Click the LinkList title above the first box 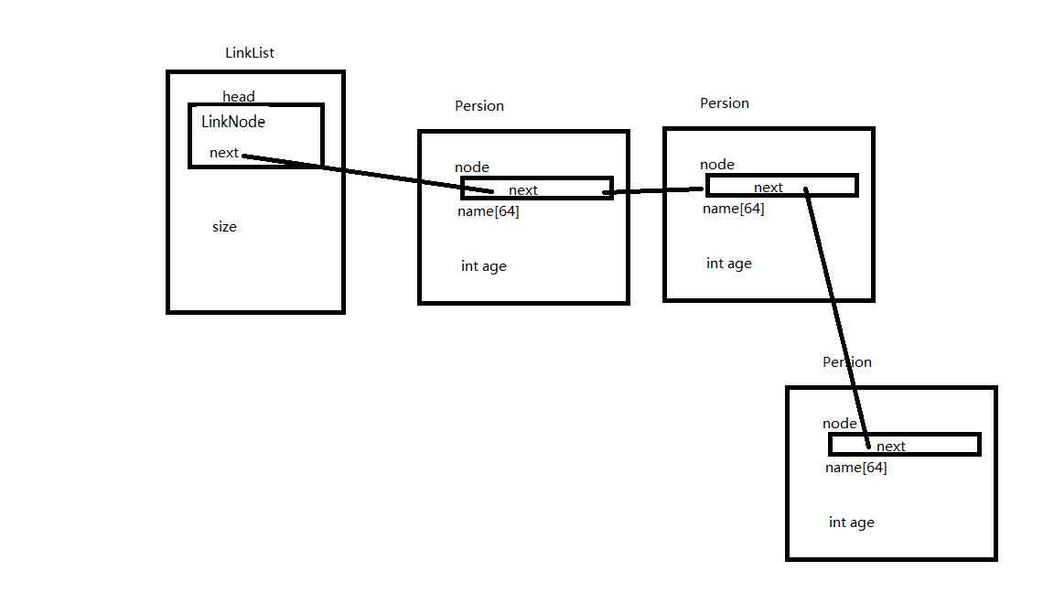(x=250, y=53)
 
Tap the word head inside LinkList (x=239, y=97)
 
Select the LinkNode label (x=233, y=121)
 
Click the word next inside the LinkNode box (x=224, y=153)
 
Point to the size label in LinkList (x=224, y=227)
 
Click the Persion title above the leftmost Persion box (x=479, y=106)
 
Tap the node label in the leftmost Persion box (x=472, y=167)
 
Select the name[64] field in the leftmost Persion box (x=489, y=211)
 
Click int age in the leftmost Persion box (x=484, y=266)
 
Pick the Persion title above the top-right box (x=725, y=103)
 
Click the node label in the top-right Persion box (x=717, y=165)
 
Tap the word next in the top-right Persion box (x=769, y=188)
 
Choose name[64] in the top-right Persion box (x=734, y=209)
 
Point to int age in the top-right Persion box (x=729, y=264)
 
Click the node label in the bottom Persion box (x=840, y=424)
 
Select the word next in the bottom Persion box (x=891, y=447)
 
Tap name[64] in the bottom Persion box (x=856, y=468)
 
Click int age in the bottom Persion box (x=852, y=523)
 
